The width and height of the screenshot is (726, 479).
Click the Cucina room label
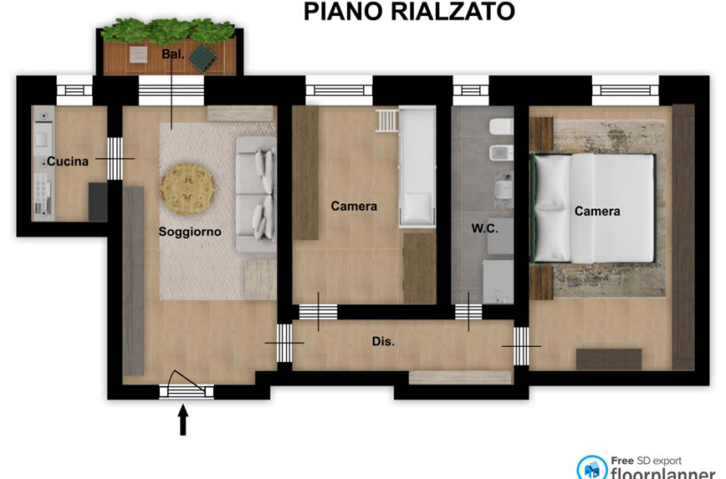[x=67, y=161]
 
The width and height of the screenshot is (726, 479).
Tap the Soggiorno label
[x=190, y=232]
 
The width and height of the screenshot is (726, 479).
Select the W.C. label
[x=485, y=228]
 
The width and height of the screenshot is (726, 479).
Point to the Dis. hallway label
[x=383, y=342]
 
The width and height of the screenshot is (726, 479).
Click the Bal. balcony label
[x=173, y=54]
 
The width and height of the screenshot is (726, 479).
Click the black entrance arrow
[x=184, y=420]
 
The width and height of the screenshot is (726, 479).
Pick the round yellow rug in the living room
[x=187, y=189]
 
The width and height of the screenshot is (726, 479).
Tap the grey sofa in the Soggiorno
[x=256, y=194]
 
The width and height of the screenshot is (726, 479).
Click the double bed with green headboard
[x=593, y=208]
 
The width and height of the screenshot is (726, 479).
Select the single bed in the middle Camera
[x=417, y=167]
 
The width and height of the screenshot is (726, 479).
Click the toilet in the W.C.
[x=501, y=126]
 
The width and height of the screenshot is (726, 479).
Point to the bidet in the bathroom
[x=501, y=153]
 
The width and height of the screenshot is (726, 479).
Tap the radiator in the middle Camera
[x=387, y=121]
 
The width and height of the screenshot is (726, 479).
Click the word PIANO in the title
[x=343, y=12]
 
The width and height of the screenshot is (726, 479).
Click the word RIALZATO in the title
[x=453, y=12]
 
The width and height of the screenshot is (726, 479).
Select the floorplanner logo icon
[x=592, y=468]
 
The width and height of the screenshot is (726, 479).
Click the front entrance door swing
[x=185, y=382]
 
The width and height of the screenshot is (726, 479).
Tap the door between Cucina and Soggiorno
[x=115, y=159]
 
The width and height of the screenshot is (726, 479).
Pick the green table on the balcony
[x=202, y=58]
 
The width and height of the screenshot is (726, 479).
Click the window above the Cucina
[x=75, y=90]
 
